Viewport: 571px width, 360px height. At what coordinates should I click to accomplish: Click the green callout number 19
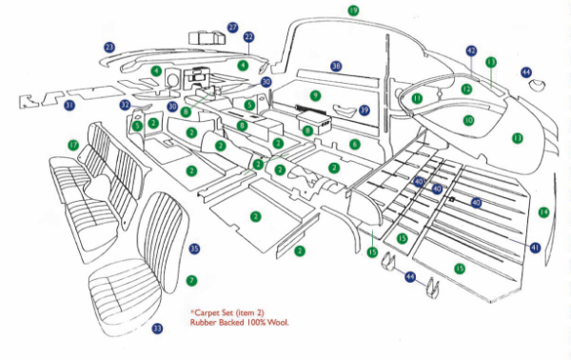click(x=353, y=10)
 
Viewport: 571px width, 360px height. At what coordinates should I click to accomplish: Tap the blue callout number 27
click(x=233, y=28)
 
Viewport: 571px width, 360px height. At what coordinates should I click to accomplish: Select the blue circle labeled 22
click(x=248, y=37)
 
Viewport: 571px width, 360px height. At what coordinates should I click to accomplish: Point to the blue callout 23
click(x=109, y=47)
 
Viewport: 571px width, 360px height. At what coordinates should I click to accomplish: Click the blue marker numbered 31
click(x=69, y=106)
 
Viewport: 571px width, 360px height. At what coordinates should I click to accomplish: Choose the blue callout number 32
click(x=126, y=105)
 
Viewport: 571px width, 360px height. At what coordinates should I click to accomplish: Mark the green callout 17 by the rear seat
click(x=73, y=145)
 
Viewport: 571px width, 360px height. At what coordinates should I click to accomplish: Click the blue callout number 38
click(x=336, y=67)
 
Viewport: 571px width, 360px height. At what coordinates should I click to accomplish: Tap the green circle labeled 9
click(x=314, y=95)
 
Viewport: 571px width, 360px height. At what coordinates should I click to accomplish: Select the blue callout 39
click(x=364, y=110)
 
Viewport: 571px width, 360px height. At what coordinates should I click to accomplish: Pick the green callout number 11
click(x=417, y=99)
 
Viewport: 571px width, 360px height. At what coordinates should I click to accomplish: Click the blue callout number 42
click(x=471, y=50)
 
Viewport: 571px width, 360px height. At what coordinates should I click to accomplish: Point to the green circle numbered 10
click(x=468, y=121)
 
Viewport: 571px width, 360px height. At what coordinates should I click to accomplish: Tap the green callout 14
click(x=543, y=211)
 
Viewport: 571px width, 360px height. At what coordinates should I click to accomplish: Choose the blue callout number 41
click(x=535, y=248)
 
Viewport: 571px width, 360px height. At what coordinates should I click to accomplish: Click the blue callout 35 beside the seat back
click(x=194, y=249)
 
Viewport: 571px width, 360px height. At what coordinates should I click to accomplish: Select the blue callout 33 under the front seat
click(x=157, y=329)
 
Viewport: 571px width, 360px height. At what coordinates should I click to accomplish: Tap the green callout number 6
click(x=354, y=144)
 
